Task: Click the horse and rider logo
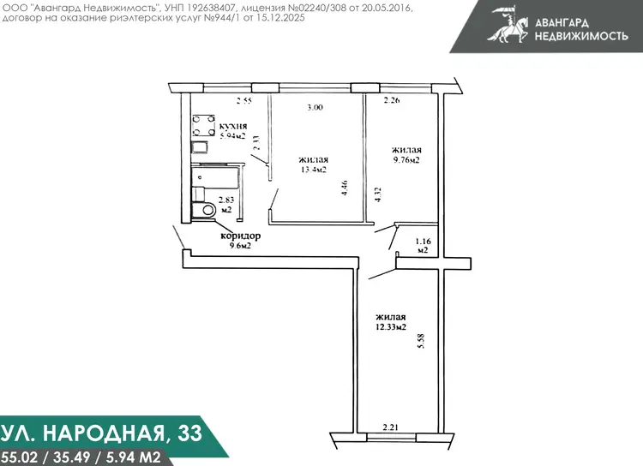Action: [x=508, y=24]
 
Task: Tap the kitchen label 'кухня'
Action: [x=233, y=126]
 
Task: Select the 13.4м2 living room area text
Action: [x=314, y=170]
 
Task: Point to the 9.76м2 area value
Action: [x=406, y=160]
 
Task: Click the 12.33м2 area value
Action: [x=391, y=327]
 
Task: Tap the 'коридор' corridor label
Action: [x=240, y=236]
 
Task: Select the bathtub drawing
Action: [x=216, y=176]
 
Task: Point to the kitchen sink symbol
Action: [x=200, y=147]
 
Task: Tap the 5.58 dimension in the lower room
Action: [x=421, y=341]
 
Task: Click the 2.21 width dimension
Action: [x=390, y=427]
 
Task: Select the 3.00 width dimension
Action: [x=315, y=107]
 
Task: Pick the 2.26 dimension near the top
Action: [x=392, y=99]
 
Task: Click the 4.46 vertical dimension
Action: [x=345, y=188]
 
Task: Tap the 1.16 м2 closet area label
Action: [x=423, y=246]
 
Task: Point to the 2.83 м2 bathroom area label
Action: [x=226, y=205]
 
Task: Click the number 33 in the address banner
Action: [x=189, y=433]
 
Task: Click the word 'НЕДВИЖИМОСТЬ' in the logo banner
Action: [x=581, y=36]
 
